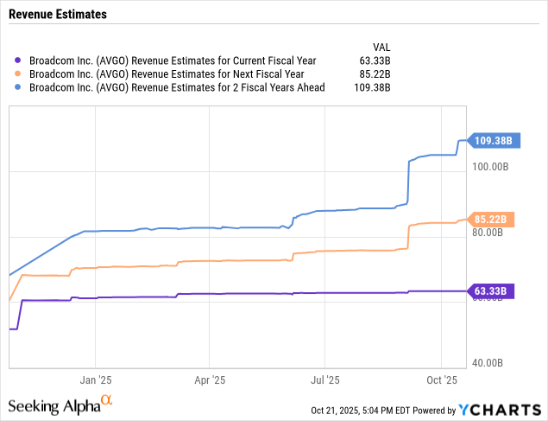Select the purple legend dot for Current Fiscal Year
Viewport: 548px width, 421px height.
20,61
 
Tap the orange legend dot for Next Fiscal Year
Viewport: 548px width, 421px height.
20,74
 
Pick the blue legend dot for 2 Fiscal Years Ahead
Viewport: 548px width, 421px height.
20,87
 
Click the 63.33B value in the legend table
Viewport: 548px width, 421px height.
374,61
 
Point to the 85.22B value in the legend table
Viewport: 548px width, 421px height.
374,74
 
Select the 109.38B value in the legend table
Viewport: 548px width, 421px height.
371,87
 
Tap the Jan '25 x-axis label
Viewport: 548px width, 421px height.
95,380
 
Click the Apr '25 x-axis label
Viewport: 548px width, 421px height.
209,380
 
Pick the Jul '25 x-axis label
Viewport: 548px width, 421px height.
324,380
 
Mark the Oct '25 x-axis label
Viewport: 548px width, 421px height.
441,380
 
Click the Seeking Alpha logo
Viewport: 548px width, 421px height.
60,405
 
